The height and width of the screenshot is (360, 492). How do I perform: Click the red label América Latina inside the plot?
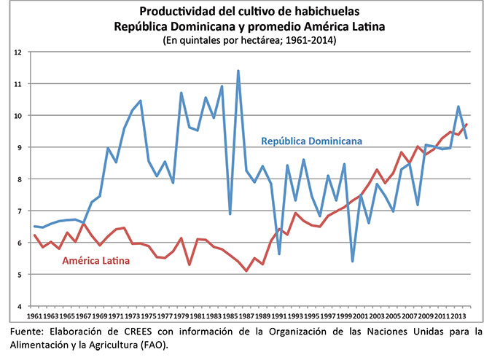click(x=96, y=260)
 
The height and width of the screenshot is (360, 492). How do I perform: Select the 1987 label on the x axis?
click(x=247, y=317)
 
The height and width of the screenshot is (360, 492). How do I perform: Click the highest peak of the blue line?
click(x=238, y=71)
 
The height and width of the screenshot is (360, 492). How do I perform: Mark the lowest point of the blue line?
click(x=353, y=261)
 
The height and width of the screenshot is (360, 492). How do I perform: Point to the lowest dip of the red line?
click(x=246, y=271)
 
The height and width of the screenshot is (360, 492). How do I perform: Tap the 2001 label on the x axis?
click(x=362, y=317)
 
